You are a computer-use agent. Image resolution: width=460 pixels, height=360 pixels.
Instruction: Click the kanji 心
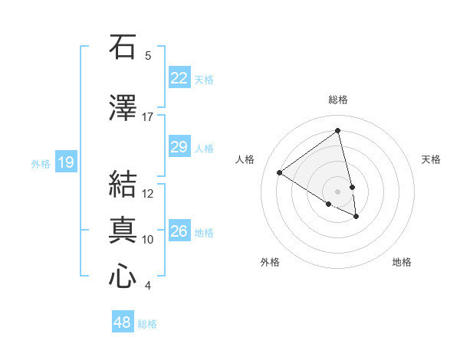[123, 276]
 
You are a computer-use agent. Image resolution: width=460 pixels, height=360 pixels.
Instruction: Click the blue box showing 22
[179, 78]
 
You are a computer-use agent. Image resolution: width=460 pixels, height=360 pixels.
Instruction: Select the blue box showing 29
[179, 148]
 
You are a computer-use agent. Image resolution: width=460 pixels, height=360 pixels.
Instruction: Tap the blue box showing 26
[179, 232]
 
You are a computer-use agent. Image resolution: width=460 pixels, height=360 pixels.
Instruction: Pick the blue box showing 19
[66, 162]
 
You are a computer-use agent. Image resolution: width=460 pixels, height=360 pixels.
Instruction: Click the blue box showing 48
[123, 322]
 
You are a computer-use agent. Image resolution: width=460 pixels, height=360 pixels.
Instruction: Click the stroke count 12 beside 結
[148, 194]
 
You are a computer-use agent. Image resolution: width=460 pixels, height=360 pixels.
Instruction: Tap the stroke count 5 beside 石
[148, 56]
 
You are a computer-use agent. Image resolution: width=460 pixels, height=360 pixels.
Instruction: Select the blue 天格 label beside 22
[204, 79]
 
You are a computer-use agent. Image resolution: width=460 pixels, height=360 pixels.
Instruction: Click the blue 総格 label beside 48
[147, 324]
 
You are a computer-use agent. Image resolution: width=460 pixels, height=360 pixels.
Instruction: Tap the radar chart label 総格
[338, 100]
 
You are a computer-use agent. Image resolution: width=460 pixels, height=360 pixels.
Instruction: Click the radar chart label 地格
[402, 262]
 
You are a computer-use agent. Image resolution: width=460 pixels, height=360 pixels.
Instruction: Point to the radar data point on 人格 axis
[280, 173]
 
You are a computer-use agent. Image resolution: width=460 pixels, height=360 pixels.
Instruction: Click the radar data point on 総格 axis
[338, 131]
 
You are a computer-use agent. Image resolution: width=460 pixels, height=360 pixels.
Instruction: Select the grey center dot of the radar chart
[337, 191]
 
